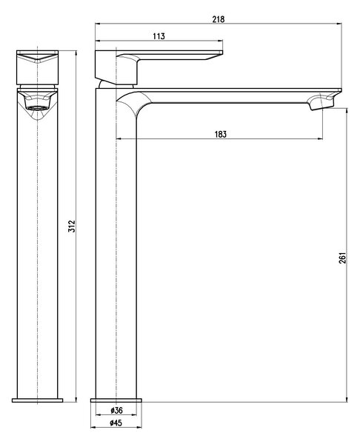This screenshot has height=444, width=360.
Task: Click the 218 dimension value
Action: coord(219,19)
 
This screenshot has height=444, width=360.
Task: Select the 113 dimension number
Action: coord(159,36)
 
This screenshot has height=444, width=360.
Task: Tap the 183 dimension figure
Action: coord(221,134)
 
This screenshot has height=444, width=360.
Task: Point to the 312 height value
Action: coord(73,226)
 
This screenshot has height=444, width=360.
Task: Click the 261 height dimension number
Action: coord(342,258)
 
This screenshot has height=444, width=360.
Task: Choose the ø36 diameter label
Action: coord(116,410)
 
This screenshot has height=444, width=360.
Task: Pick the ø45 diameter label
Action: coord(116,423)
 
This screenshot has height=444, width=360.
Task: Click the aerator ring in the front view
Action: coord(38,108)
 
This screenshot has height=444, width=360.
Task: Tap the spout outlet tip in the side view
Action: coord(322,107)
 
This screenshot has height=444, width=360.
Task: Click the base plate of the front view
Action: coord(38,400)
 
